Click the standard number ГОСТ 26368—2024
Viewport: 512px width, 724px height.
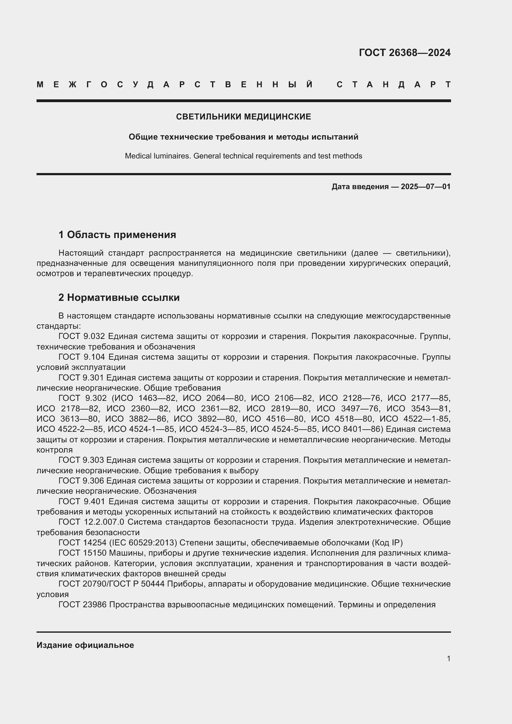click(405, 53)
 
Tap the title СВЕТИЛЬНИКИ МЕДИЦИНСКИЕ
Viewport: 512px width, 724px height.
click(243, 117)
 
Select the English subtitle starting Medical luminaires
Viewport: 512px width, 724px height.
click(243, 156)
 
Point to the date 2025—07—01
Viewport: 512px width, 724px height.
click(426, 187)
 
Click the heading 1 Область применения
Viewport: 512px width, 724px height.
click(117, 235)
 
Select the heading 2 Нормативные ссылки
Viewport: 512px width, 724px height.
click(119, 297)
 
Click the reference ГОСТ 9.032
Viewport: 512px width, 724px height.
click(82, 336)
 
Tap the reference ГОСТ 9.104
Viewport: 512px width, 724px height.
click(82, 357)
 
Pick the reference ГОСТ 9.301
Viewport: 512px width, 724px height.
click(82, 378)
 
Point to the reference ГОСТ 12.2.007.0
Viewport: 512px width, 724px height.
click(91, 522)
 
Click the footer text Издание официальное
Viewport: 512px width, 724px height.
click(85, 645)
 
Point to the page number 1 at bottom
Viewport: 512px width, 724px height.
click(448, 658)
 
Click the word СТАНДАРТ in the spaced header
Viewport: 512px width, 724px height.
click(393, 85)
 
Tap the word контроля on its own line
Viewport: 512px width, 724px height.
click(54, 450)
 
